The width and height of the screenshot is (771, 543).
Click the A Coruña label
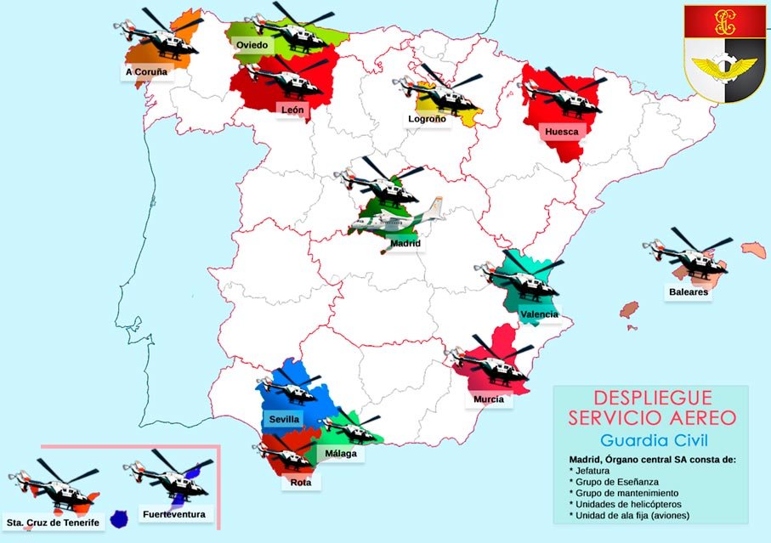[146, 72]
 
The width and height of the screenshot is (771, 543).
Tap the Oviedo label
[253, 44]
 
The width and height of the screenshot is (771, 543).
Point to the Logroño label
[427, 119]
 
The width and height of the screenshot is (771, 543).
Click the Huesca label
[561, 132]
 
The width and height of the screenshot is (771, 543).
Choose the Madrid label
[405, 243]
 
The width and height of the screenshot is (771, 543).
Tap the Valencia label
[540, 314]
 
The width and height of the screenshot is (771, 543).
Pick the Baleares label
[688, 291]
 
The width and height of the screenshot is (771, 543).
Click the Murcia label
[489, 399]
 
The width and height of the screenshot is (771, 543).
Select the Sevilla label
[284, 420]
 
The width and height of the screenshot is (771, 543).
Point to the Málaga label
[341, 453]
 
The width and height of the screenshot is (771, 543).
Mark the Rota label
[300, 483]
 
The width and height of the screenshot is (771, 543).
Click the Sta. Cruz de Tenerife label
[53, 521]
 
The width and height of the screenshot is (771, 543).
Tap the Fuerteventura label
[173, 515]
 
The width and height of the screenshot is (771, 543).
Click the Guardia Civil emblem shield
[724, 54]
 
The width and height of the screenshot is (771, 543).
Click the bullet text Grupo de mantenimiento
[626, 493]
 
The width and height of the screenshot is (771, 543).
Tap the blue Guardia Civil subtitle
[653, 440]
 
